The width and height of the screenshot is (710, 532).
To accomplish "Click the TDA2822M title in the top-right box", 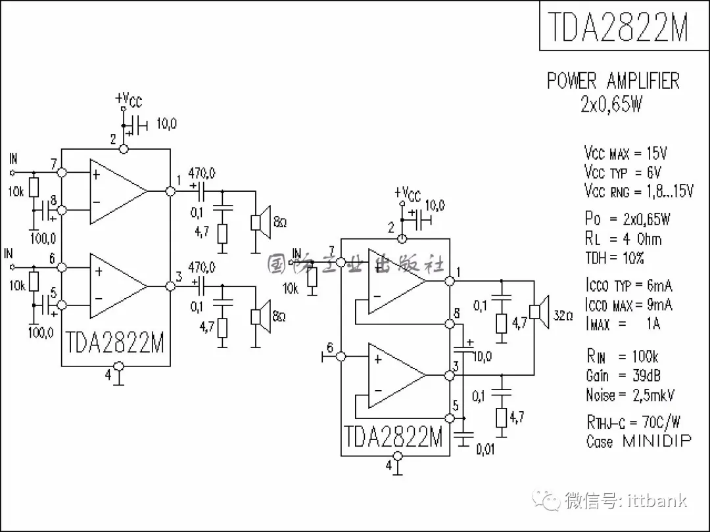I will [x=617, y=26].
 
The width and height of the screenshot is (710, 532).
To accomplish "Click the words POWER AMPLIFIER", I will [x=613, y=81].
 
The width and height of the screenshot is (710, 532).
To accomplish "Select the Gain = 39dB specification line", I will [x=623, y=376].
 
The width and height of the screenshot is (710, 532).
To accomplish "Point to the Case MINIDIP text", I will [x=638, y=441].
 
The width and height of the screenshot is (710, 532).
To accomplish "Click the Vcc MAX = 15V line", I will [x=625, y=154].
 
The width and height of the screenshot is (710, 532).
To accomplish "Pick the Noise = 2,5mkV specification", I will [x=630, y=395].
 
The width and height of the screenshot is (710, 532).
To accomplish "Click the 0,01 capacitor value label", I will [x=486, y=450].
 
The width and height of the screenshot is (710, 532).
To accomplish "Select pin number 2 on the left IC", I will [x=113, y=139].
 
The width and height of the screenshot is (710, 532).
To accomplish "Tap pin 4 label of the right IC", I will [x=389, y=465].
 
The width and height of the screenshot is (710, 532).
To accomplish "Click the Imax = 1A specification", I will [x=622, y=324].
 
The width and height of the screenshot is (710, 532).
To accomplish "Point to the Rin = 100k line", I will [x=622, y=357].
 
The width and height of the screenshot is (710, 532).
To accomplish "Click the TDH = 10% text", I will [x=615, y=258].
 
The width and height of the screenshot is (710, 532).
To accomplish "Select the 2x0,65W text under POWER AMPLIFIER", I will [x=611, y=104].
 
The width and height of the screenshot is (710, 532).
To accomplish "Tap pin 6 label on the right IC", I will [x=330, y=348].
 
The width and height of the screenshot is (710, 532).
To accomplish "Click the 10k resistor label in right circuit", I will [x=291, y=288].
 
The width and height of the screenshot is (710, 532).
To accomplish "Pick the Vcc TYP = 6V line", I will [x=623, y=173].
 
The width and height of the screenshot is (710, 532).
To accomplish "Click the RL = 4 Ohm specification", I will [x=623, y=238].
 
